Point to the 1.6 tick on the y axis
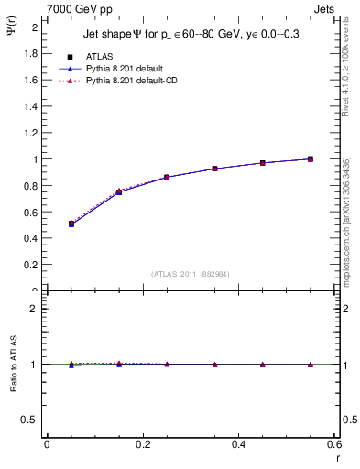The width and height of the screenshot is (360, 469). pos(32,80)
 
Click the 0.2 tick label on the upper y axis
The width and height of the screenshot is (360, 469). pos(32,265)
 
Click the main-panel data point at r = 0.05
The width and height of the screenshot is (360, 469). pos(71,224)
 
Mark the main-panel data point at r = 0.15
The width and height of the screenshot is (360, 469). pos(119,191)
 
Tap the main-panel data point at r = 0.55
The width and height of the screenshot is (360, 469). pos(311,158)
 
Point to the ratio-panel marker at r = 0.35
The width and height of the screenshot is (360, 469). pos(214,365)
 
